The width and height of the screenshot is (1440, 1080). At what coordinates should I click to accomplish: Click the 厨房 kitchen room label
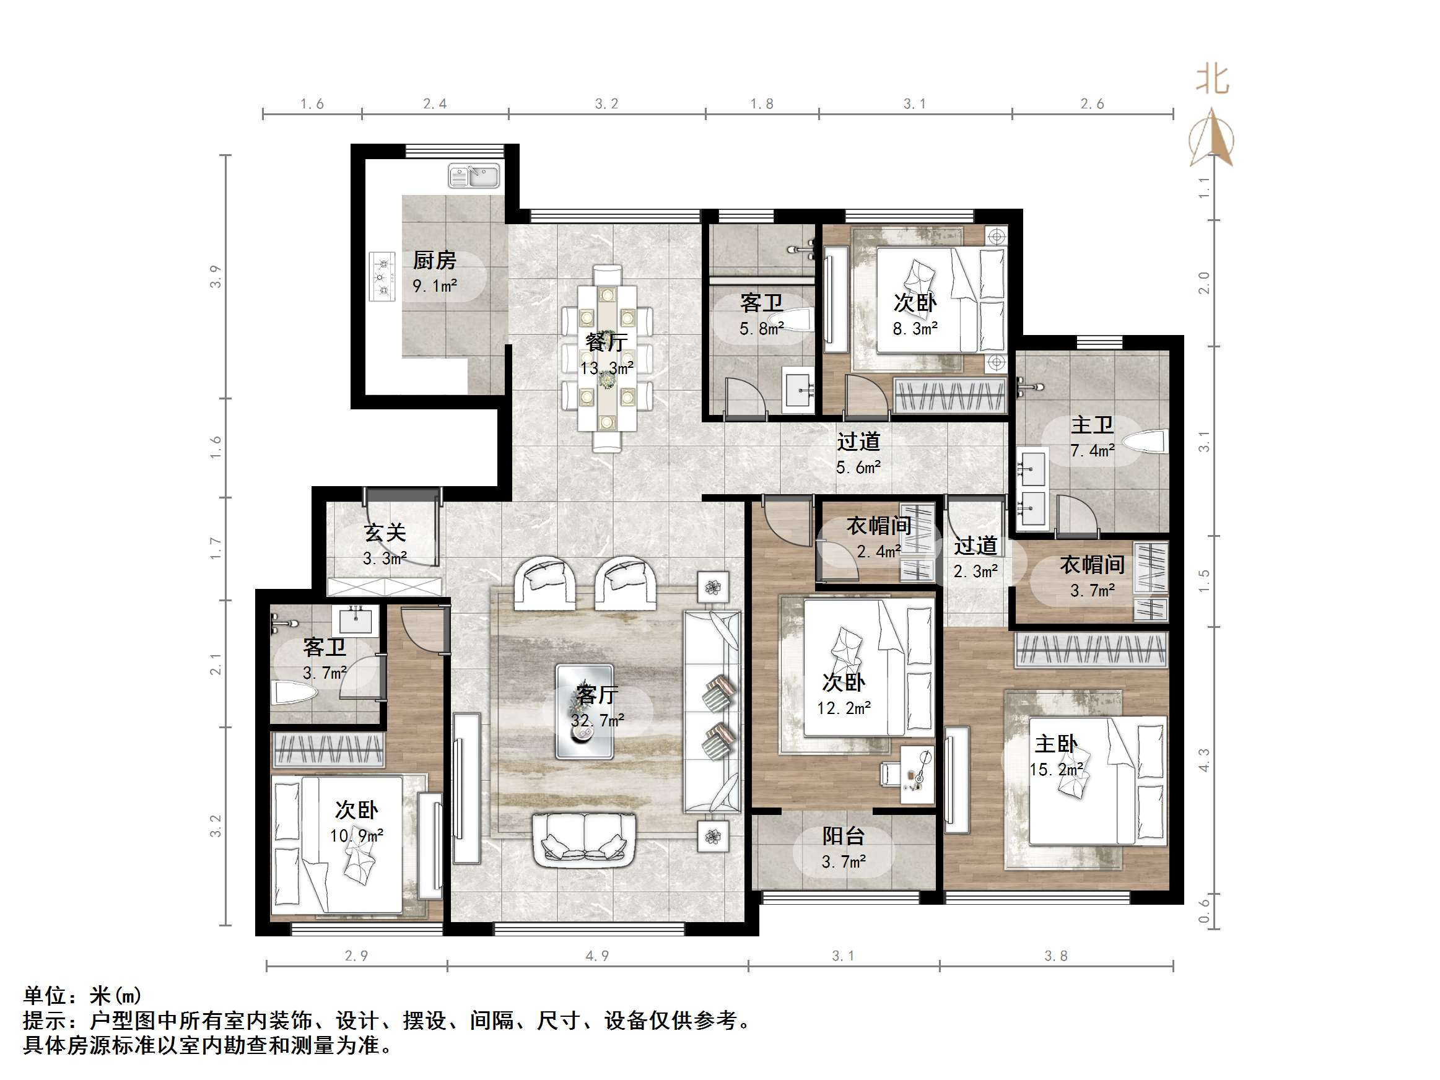point(434,260)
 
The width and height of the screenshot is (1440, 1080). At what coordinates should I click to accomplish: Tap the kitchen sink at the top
point(474,176)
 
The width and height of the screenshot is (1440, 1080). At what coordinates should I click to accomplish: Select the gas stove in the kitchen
point(382,277)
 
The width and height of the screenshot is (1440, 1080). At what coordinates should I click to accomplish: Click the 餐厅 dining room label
point(606,342)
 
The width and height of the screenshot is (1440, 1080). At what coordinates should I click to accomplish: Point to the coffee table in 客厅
point(584,712)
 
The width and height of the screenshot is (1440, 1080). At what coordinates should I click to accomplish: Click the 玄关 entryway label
point(385,533)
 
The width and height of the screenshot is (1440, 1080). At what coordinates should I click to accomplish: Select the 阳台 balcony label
point(843,836)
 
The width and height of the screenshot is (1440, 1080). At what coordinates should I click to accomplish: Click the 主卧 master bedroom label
point(1056,744)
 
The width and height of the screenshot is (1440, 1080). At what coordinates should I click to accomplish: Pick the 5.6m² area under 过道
point(858,468)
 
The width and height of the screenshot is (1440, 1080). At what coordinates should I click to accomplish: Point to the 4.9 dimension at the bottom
point(597,956)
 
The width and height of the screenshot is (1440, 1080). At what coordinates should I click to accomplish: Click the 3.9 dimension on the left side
point(216,277)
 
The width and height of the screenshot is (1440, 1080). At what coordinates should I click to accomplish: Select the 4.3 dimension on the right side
point(1205,760)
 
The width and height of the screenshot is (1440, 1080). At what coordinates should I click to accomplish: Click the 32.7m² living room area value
point(597,721)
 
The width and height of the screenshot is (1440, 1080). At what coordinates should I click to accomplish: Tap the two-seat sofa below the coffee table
point(584,840)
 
